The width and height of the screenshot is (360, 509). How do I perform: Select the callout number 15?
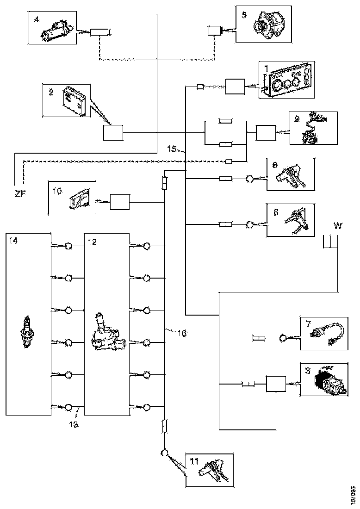click(x=172, y=149)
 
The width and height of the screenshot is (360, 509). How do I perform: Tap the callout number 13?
click(x=73, y=423)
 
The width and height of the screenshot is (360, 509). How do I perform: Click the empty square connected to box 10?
click(x=120, y=202)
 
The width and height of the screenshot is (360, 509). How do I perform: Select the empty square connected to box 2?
click(x=113, y=133)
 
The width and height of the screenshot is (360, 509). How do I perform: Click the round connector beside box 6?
click(x=250, y=224)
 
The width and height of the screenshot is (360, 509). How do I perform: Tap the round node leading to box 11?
click(x=165, y=453)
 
